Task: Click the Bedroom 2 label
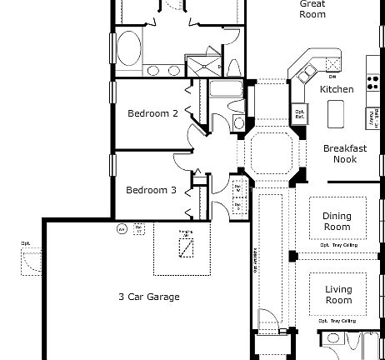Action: (152, 113)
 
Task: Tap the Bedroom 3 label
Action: (151, 190)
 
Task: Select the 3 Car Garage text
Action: (148, 297)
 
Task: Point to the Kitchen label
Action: (337, 89)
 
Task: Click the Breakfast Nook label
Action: (345, 153)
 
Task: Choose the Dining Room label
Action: (337, 221)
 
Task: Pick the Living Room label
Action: (338, 294)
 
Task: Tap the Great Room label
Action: (312, 8)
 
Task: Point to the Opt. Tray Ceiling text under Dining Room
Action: (337, 246)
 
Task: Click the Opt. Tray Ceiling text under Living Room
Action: (337, 320)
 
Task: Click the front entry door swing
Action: (267, 321)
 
